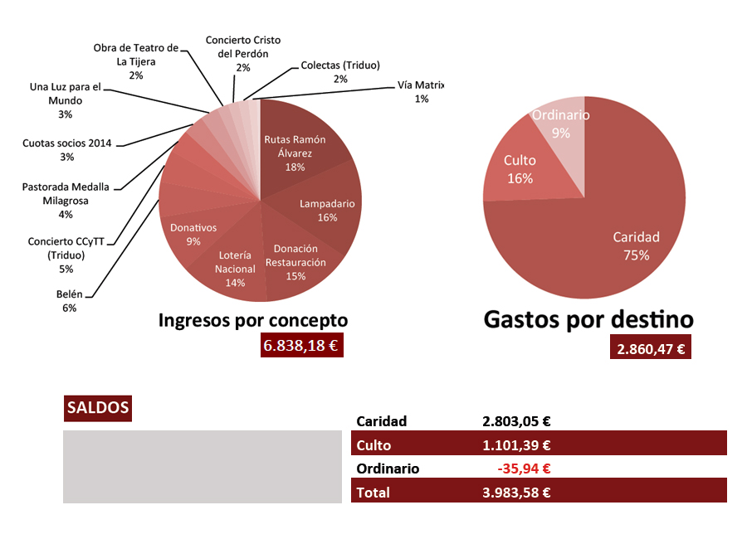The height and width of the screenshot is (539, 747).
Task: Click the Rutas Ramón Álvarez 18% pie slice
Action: [x=295, y=149]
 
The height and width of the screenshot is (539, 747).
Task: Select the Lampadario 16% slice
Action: [x=326, y=211]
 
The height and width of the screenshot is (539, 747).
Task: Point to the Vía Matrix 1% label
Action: [x=422, y=91]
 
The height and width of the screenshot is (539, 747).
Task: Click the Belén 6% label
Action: [x=69, y=300]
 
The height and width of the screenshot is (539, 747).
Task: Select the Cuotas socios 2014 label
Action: [x=66, y=149]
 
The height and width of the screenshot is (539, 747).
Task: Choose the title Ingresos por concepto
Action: [x=252, y=320]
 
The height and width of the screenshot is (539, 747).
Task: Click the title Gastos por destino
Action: [x=588, y=319]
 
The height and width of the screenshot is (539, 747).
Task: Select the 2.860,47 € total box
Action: [x=651, y=348]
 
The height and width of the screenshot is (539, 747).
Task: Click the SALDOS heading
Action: [x=97, y=408]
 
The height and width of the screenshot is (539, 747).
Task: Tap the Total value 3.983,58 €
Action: [x=516, y=492]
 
